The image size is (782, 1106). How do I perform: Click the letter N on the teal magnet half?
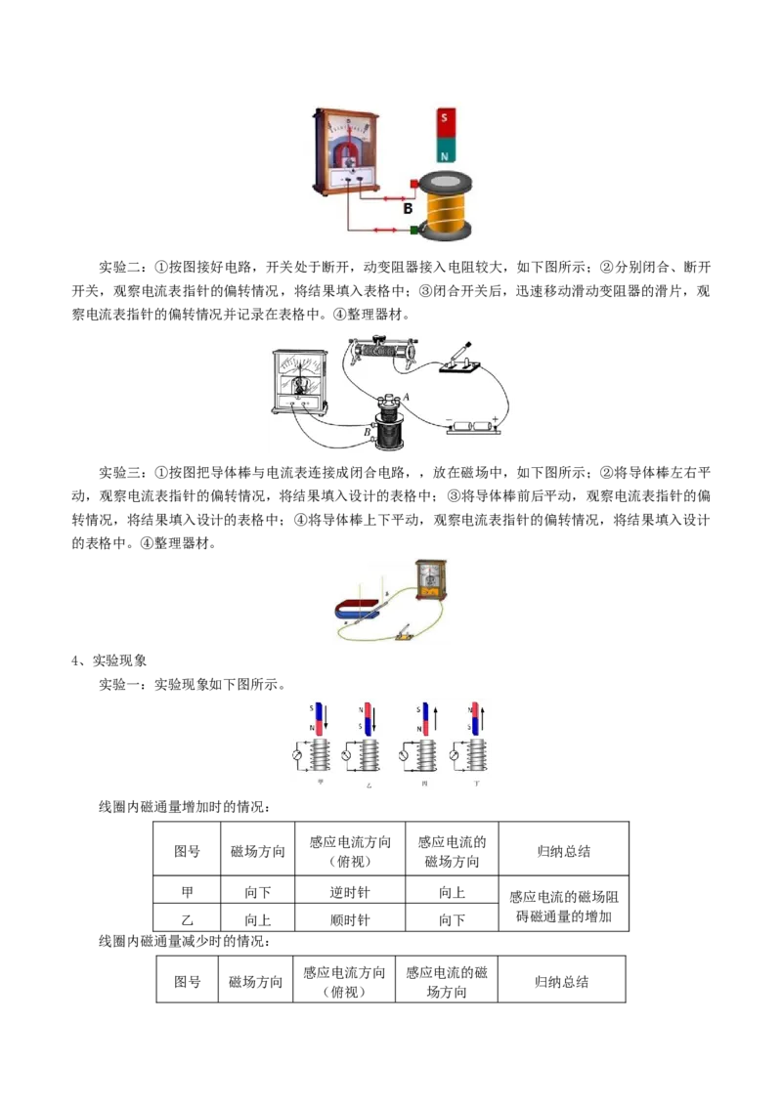point(446,154)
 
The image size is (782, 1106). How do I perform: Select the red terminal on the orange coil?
point(414,183)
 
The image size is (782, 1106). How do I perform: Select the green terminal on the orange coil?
point(414,231)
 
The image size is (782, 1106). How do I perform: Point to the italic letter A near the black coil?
point(406,396)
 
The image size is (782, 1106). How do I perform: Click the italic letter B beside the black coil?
point(368,431)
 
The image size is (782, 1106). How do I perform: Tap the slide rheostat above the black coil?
point(384,348)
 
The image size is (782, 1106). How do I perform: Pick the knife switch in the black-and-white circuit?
point(459,359)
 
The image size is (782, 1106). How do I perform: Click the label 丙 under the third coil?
point(423,784)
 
